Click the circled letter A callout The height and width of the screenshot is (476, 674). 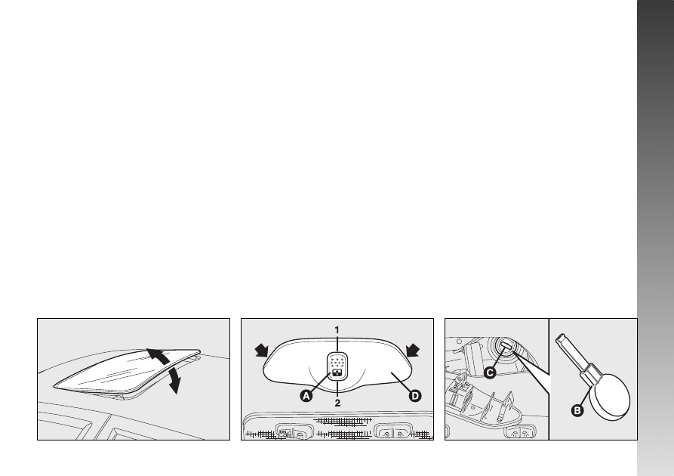tap(306, 395)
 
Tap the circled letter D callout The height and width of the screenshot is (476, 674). tap(414, 395)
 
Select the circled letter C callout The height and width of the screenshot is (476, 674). tap(490, 372)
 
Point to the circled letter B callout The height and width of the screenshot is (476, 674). tap(577, 410)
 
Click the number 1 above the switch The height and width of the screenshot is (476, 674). tap(337, 330)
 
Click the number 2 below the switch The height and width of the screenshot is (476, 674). tap(337, 403)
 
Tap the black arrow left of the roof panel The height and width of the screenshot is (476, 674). tap(262, 351)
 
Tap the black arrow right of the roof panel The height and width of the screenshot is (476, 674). tap(413, 350)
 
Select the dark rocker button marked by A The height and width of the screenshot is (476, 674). tap(337, 373)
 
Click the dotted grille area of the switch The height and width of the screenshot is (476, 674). tap(337, 361)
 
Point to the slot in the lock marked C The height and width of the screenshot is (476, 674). tap(506, 345)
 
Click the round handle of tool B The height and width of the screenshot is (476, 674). tap(610, 397)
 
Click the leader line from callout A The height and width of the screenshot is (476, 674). tap(320, 382)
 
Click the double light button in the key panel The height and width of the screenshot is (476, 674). tap(520, 433)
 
